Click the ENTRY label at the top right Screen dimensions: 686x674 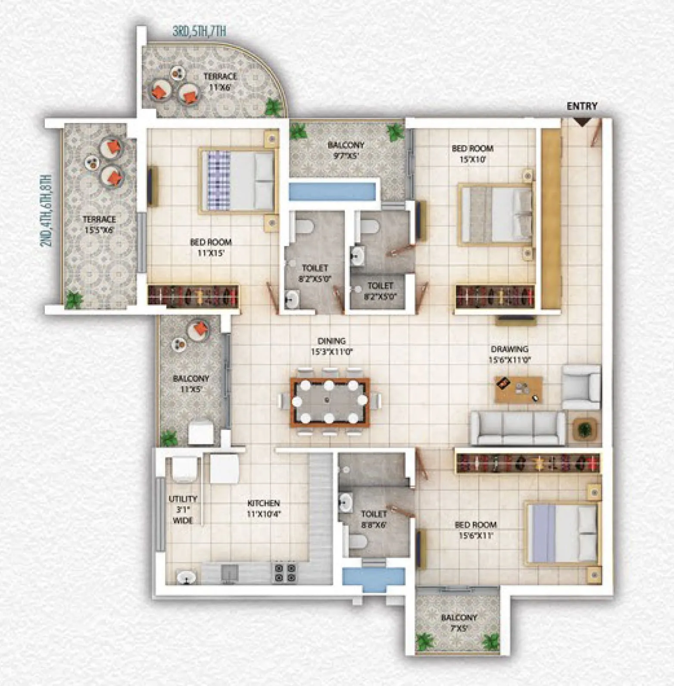click(x=582, y=106)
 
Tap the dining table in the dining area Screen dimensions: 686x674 click(x=330, y=402)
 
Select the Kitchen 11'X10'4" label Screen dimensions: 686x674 click(x=264, y=508)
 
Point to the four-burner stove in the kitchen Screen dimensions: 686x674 click(x=285, y=573)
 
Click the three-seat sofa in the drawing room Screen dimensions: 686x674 click(x=517, y=427)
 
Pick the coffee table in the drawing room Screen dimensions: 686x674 click(x=518, y=389)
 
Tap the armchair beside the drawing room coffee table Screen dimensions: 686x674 click(x=581, y=387)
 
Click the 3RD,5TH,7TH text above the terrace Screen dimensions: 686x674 click(x=199, y=31)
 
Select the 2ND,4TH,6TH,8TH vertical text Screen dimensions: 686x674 click(x=46, y=211)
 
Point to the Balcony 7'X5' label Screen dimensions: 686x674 click(x=459, y=623)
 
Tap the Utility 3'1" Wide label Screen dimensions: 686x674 click(x=183, y=510)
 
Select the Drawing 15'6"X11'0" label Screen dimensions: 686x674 click(x=509, y=354)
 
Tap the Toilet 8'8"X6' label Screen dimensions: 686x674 click(x=374, y=519)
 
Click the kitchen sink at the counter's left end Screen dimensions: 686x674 click(x=186, y=576)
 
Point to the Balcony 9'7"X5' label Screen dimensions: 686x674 click(x=346, y=150)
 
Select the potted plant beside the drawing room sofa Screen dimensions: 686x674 click(x=584, y=429)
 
